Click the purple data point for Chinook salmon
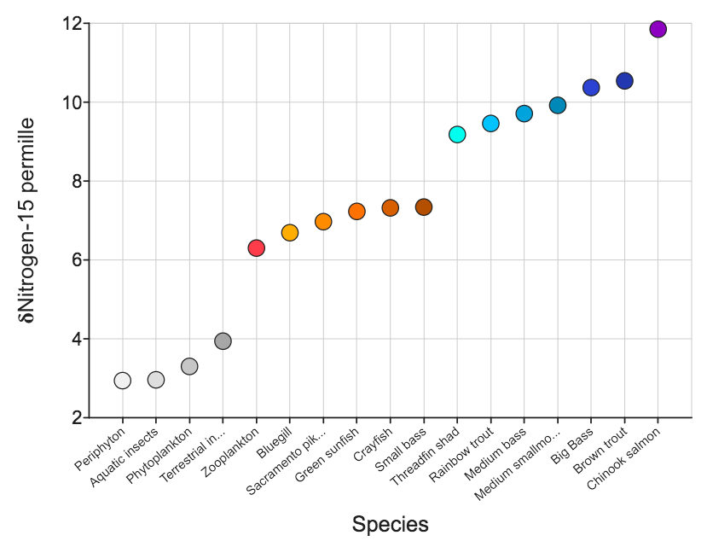point(658,29)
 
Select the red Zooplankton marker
point(256,247)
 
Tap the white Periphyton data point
point(123,380)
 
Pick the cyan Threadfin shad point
point(457,134)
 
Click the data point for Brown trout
point(624,81)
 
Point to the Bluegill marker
point(290,233)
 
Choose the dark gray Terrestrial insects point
point(223,341)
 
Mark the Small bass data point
point(424,207)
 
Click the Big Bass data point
point(591,88)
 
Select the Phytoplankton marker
point(189,366)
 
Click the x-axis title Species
point(390,524)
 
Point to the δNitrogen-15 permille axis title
point(27,221)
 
